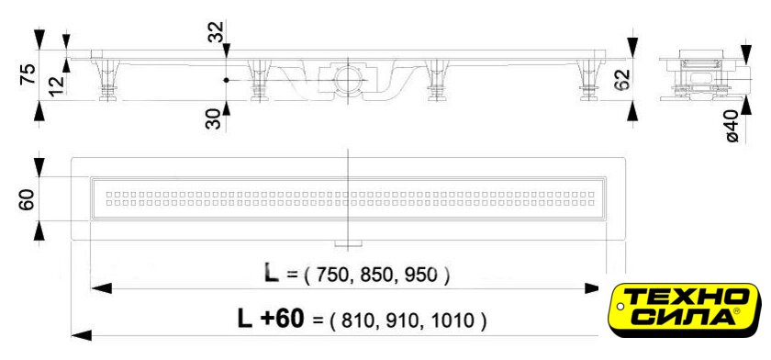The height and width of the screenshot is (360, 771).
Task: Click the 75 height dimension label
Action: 29,74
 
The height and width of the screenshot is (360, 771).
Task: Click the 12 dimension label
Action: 58,85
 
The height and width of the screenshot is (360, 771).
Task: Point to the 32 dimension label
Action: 216,32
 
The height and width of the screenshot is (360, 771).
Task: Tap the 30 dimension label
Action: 213,119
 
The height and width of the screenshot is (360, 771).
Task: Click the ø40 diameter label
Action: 732,127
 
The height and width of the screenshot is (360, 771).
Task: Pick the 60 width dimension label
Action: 28,199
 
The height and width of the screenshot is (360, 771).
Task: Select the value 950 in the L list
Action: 420,276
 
